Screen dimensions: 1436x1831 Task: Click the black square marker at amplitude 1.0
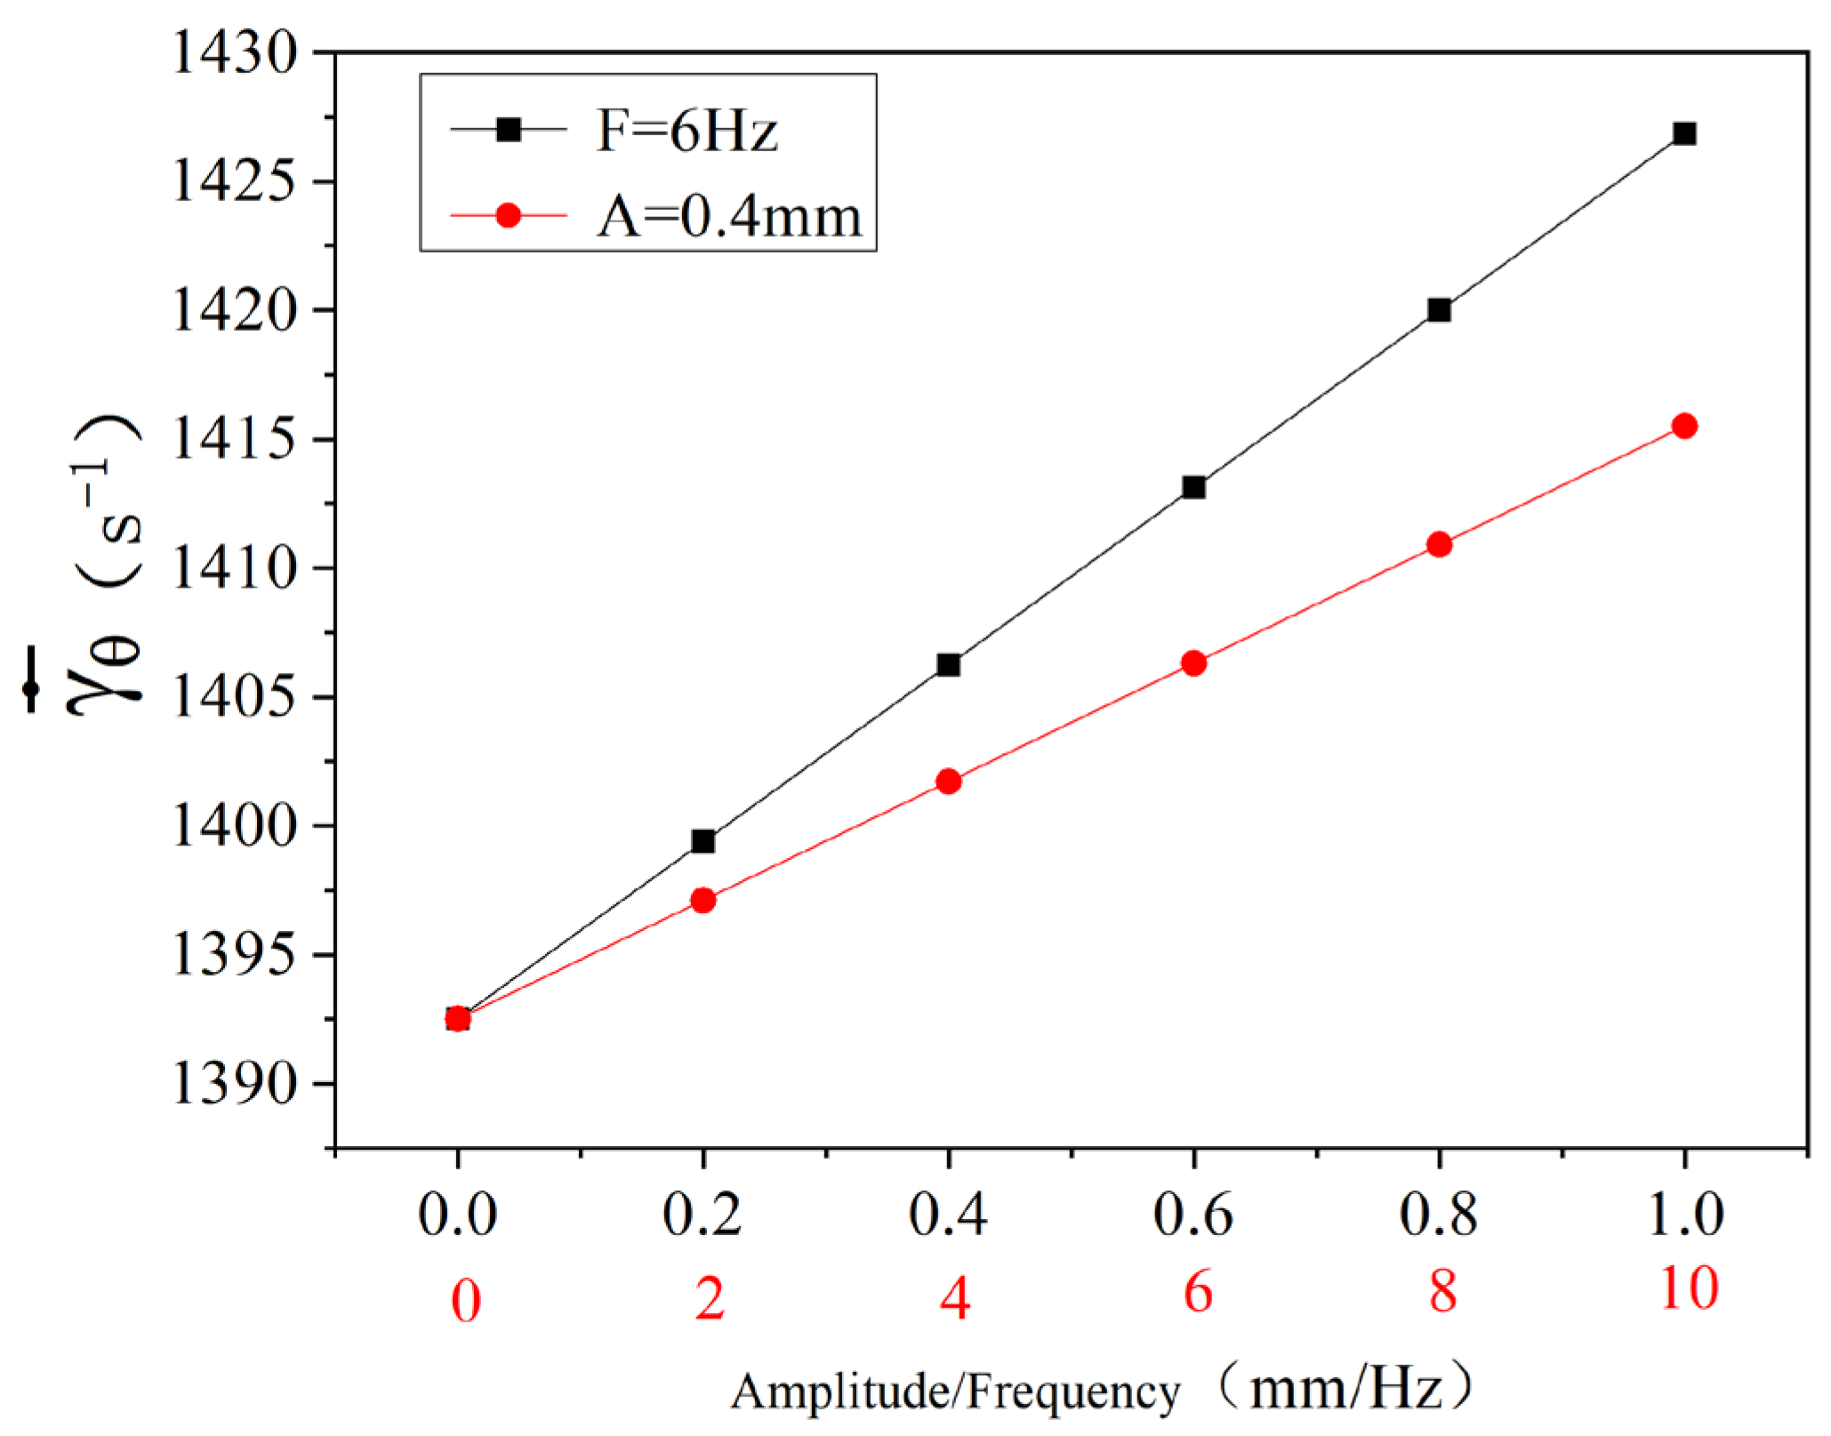pos(1683,134)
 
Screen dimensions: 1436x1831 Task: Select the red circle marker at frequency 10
pos(1683,426)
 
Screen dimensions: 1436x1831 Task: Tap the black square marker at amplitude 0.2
pos(703,841)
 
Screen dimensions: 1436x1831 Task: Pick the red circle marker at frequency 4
pos(948,782)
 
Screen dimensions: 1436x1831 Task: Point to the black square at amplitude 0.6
pos(1193,487)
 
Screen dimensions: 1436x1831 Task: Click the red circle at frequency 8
pos(1439,544)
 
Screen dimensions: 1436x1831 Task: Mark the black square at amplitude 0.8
pos(1439,310)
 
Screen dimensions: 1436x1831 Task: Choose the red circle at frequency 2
pos(703,900)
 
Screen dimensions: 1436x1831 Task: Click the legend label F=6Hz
pos(687,132)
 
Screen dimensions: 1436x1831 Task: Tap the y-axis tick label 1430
pos(233,53)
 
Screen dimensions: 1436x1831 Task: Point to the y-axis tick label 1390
pos(233,1084)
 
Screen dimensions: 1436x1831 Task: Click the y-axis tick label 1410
pos(233,568)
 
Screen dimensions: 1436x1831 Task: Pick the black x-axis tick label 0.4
pos(948,1214)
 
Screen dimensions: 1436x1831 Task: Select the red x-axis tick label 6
pos(1197,1292)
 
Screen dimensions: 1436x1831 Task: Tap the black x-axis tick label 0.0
pos(457,1214)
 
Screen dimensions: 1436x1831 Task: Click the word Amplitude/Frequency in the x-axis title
pos(955,1392)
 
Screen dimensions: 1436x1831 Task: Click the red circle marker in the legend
pos(508,215)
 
